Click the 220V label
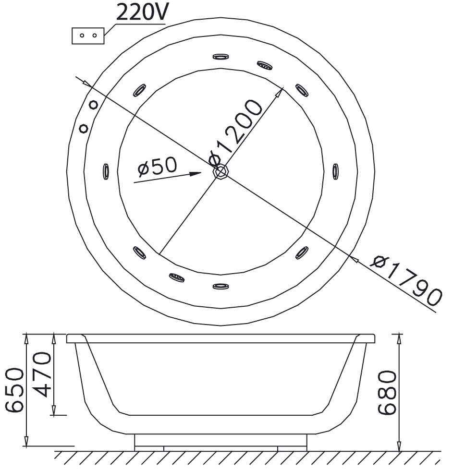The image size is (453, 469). coord(143,12)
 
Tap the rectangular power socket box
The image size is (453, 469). coord(88,36)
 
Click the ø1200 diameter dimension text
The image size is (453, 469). coord(236,132)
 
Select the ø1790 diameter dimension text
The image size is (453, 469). coord(406,280)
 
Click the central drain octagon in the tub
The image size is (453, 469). coord(220,172)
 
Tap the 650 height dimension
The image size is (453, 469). coord(14,391)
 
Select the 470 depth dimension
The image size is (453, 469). coord(42,374)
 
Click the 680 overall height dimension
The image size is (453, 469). coord(387,392)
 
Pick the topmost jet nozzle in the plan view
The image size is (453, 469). coord(220,57)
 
